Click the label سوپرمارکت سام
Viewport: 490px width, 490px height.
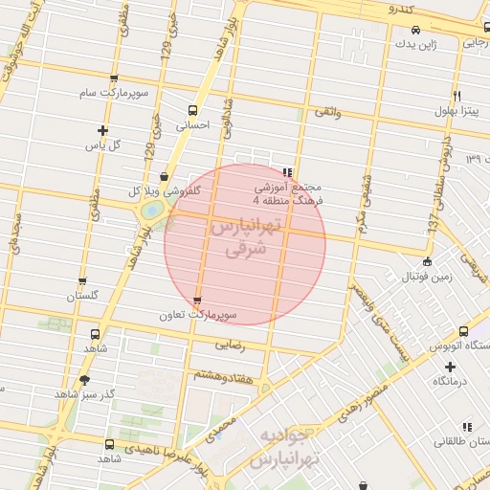pos(114,93)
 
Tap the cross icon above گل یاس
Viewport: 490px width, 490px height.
pos(102,130)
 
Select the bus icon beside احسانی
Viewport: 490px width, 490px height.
pos(192,110)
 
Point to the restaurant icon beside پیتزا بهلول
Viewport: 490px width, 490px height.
pos(457,97)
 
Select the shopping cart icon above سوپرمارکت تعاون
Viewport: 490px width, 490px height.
pos(197,301)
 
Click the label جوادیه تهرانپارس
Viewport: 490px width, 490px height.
pos(281,448)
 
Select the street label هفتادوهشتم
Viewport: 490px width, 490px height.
pos(221,376)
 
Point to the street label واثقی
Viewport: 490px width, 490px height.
pos(326,113)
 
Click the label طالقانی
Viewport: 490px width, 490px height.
pos(460,442)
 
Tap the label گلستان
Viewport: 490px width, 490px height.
pos(82,296)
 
